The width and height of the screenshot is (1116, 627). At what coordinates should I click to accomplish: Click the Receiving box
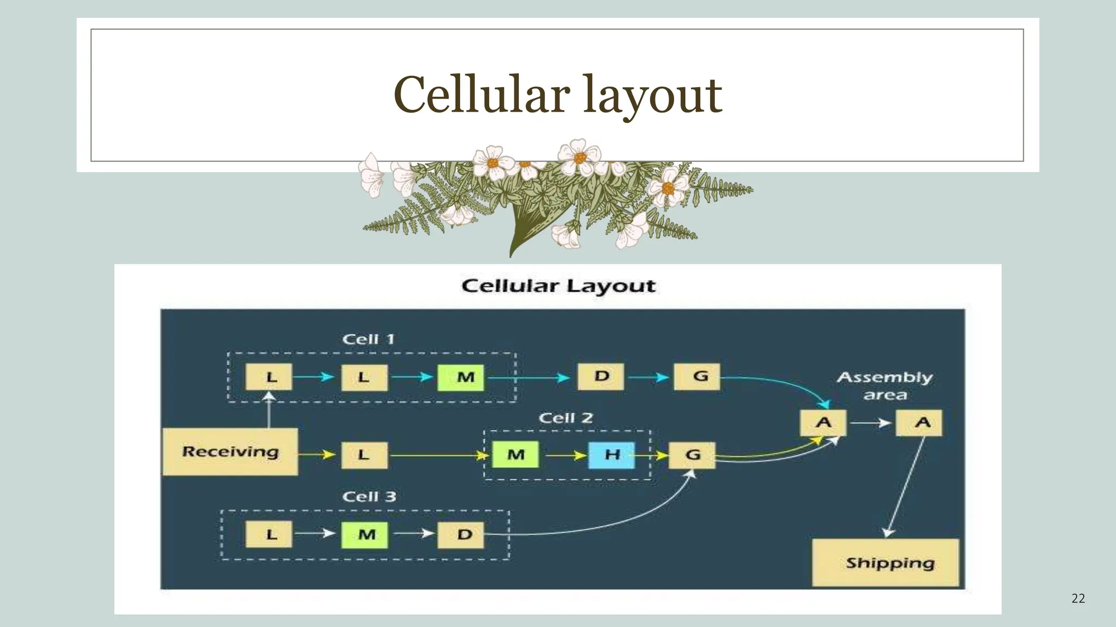point(230,452)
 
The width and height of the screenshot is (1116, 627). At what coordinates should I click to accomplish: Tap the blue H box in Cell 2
point(612,455)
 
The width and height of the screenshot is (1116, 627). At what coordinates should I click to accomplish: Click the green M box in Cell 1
point(460,377)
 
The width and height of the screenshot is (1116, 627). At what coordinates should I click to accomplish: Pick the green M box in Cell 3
point(365,534)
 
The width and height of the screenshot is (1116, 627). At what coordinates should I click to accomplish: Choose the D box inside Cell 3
point(460,534)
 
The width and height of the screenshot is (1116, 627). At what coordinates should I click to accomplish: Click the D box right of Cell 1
point(601,377)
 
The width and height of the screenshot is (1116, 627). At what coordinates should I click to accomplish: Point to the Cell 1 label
point(368,339)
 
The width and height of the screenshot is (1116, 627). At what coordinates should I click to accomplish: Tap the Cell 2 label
point(566,418)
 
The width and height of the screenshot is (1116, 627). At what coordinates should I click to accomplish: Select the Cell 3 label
point(369,496)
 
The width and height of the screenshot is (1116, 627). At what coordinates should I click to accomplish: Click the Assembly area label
point(885,385)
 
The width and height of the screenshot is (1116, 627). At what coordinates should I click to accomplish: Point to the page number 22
point(1078,599)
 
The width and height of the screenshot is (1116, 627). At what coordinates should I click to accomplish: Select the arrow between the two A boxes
point(871,423)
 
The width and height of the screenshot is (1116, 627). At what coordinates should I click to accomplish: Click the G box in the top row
point(697,377)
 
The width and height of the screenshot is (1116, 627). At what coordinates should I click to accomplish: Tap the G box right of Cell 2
point(692,455)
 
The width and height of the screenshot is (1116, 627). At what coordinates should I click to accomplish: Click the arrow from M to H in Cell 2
point(565,455)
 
